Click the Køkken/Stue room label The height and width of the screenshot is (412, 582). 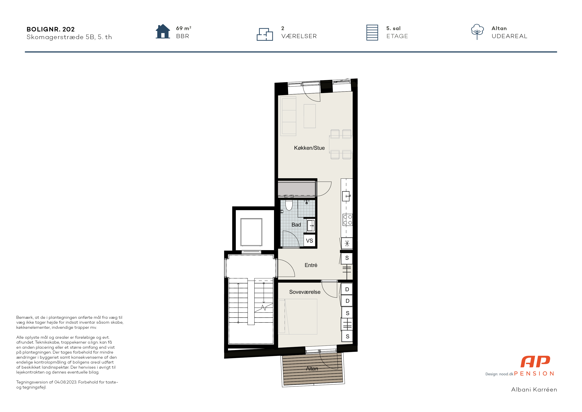(x=309, y=148)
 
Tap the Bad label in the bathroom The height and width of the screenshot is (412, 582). (x=296, y=225)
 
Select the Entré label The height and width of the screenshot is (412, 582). (x=311, y=265)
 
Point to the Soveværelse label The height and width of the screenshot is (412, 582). (x=305, y=292)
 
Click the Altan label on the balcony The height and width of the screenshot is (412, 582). (x=312, y=368)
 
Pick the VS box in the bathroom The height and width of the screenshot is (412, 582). (x=309, y=240)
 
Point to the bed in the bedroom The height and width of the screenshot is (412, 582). (x=298, y=317)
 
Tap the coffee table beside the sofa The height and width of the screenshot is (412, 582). (x=310, y=116)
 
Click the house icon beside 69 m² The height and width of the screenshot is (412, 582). (x=163, y=31)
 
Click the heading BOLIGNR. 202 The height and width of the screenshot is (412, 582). (x=51, y=29)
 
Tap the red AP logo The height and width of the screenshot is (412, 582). (x=535, y=362)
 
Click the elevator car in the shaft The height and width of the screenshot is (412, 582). (x=251, y=232)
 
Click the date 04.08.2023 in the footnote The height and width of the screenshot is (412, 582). (x=65, y=382)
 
